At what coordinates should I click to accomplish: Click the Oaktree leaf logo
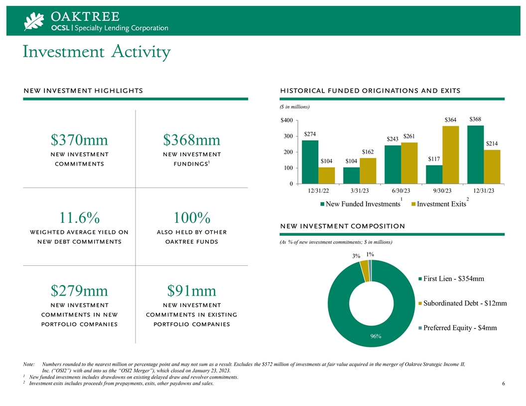coord(34,21)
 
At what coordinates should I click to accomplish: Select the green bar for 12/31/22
coord(310,162)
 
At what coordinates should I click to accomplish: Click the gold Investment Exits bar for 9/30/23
coord(450,155)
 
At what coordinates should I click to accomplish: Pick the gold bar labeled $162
coord(368,171)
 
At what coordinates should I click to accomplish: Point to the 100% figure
coord(192,218)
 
